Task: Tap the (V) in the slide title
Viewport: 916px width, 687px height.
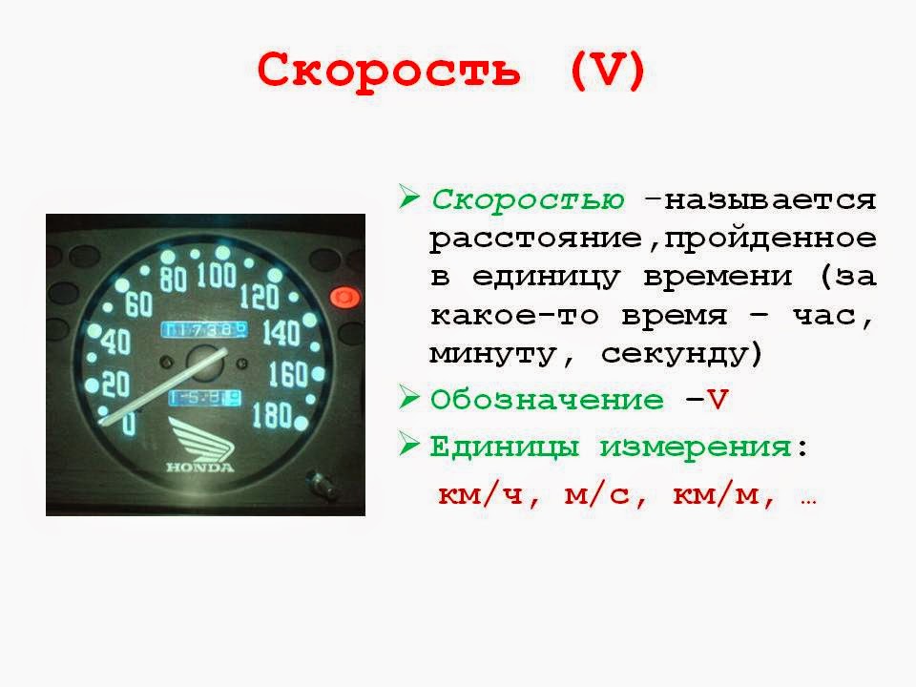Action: click(x=609, y=71)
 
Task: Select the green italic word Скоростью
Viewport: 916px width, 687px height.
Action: click(x=529, y=200)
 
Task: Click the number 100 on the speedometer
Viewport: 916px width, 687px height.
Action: click(x=217, y=277)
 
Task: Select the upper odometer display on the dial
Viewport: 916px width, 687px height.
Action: click(x=204, y=329)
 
